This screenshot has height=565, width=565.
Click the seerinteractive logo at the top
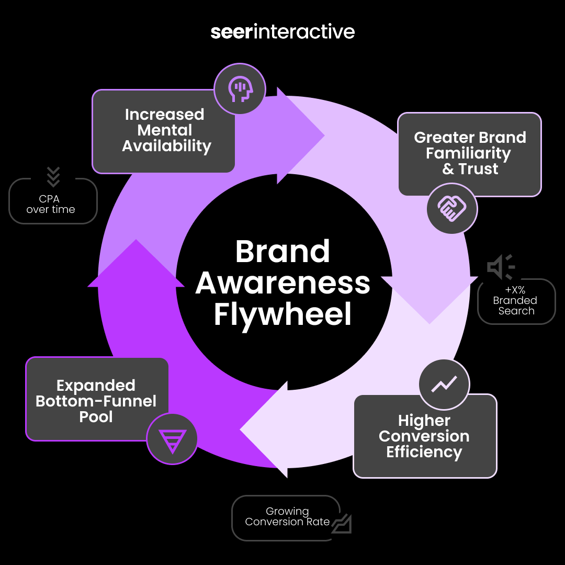(282, 32)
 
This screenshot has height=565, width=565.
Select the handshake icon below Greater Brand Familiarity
(452, 208)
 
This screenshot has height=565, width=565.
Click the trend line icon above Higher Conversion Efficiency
(444, 385)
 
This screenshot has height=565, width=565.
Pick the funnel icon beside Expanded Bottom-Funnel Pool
(172, 439)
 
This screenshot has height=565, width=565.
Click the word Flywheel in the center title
(282, 314)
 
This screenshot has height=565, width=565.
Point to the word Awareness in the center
(282, 283)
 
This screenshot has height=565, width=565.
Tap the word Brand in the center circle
(282, 252)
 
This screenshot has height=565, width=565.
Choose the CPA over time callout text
(51, 204)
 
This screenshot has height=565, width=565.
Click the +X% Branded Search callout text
(516, 300)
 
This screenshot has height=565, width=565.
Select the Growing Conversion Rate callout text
(287, 516)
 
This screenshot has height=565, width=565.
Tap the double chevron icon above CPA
(53, 177)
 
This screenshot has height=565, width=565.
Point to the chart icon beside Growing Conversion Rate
(341, 523)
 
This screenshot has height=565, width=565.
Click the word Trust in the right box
(478, 169)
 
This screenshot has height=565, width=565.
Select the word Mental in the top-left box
(165, 130)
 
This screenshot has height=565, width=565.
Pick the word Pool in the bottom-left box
(96, 417)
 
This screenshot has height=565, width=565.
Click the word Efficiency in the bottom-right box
(424, 452)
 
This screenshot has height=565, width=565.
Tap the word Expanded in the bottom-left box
(96, 386)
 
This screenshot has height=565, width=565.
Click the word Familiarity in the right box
(468, 153)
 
